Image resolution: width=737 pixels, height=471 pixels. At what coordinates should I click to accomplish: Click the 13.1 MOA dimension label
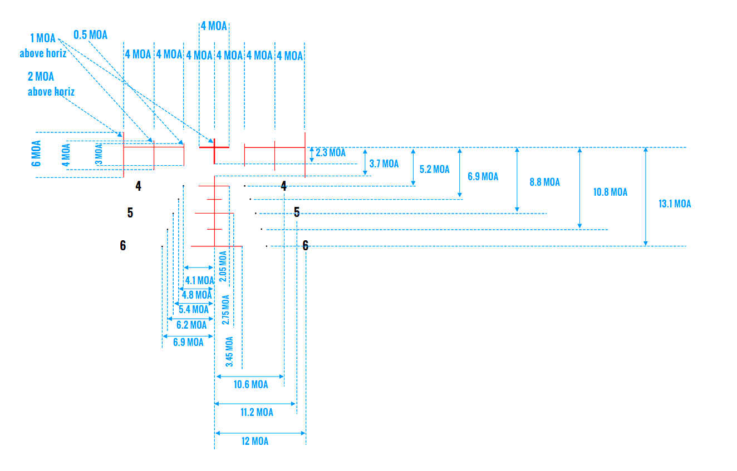point(675,204)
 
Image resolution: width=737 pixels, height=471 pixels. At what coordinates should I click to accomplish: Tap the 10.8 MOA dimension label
point(611,192)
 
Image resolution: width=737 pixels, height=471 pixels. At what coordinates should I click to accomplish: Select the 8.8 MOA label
point(544,182)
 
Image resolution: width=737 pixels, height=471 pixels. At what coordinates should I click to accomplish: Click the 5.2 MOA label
point(434,170)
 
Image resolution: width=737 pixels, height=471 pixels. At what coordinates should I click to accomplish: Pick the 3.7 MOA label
point(384,164)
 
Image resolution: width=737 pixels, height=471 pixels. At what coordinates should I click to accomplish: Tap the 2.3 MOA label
point(331,153)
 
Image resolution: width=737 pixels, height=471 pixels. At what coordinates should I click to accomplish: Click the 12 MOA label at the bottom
point(255,441)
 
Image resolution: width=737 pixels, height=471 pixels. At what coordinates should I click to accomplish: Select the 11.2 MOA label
point(257,412)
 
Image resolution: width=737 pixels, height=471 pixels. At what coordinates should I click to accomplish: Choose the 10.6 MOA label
point(250,384)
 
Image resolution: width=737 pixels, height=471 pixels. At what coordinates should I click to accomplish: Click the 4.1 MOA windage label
point(199,280)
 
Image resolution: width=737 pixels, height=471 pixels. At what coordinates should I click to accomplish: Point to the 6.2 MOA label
point(191,325)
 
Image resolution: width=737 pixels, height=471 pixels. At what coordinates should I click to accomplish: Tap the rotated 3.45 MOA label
point(229,351)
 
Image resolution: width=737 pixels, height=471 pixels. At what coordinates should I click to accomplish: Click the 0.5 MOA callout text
point(90,34)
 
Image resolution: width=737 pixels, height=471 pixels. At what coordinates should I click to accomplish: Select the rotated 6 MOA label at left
point(36,154)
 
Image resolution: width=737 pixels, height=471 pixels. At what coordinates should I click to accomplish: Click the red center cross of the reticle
point(214,147)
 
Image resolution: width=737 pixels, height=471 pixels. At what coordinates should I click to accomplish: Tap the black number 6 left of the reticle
point(123,245)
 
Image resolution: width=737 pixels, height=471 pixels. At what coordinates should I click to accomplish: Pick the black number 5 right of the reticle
point(297,212)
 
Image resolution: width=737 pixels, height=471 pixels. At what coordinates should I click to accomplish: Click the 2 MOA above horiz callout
point(51,84)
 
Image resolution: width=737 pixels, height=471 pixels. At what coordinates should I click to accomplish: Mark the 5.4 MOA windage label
point(194,309)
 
